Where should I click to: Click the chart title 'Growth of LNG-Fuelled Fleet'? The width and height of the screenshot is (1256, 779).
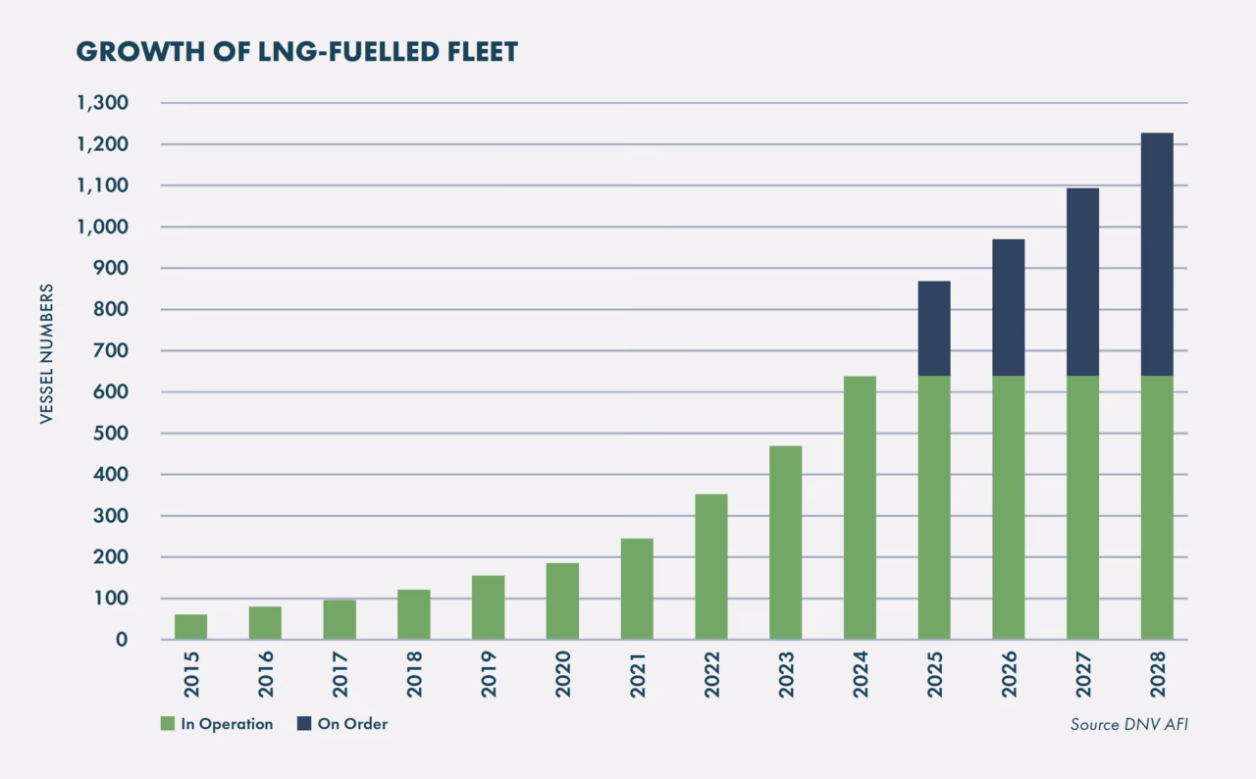tap(296, 52)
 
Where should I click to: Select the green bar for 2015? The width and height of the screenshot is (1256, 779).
tap(190, 627)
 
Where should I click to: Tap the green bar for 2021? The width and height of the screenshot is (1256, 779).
tap(637, 589)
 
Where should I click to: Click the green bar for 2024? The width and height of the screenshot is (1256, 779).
tap(860, 507)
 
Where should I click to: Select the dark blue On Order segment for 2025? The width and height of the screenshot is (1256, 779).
tap(934, 329)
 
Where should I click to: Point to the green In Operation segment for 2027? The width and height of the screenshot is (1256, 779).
tap(1082, 507)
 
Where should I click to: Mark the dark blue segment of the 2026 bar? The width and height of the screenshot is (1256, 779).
tap(1008, 307)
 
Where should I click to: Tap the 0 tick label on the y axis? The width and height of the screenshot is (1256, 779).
tap(122, 640)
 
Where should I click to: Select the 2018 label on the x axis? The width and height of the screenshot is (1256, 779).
tap(414, 675)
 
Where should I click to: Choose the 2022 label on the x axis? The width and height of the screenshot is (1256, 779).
tap(711, 675)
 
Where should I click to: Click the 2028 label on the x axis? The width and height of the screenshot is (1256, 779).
tap(1158, 675)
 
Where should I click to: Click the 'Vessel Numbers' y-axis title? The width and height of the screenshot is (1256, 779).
tap(46, 354)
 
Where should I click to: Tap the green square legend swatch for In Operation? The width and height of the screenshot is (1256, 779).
tap(167, 724)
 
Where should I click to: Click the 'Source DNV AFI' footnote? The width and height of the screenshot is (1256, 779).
tap(1128, 725)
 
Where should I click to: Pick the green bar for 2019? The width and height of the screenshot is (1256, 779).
tap(488, 607)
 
